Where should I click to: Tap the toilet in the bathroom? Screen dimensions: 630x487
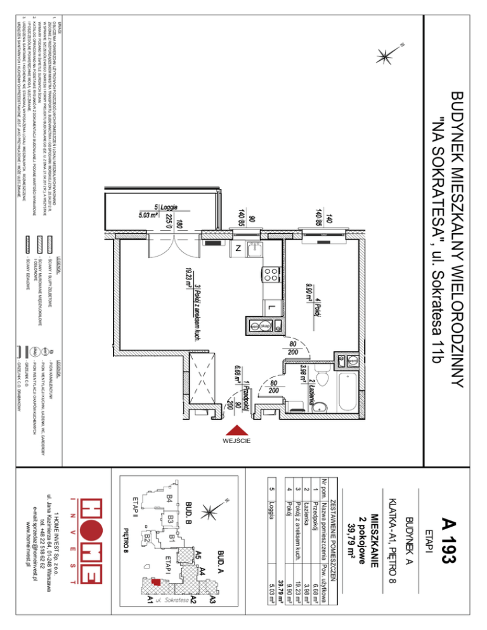coord(321,380)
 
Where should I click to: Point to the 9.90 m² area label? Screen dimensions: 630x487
coord(308,296)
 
